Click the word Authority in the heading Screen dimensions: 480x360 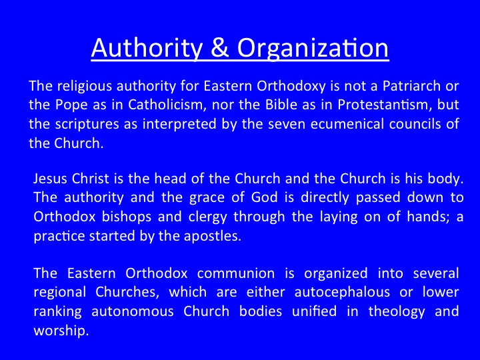click(147, 49)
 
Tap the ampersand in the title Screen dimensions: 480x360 click(220, 47)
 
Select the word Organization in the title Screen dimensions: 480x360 click(313, 49)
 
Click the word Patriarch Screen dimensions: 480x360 click(412, 86)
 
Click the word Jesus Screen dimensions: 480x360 click(50, 179)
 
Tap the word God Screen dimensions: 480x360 click(264, 197)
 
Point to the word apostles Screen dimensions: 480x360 click(212, 237)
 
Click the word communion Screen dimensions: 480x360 click(236, 274)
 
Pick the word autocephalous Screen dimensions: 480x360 click(342, 293)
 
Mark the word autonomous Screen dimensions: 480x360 click(133, 312)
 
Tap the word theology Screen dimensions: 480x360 click(397, 312)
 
